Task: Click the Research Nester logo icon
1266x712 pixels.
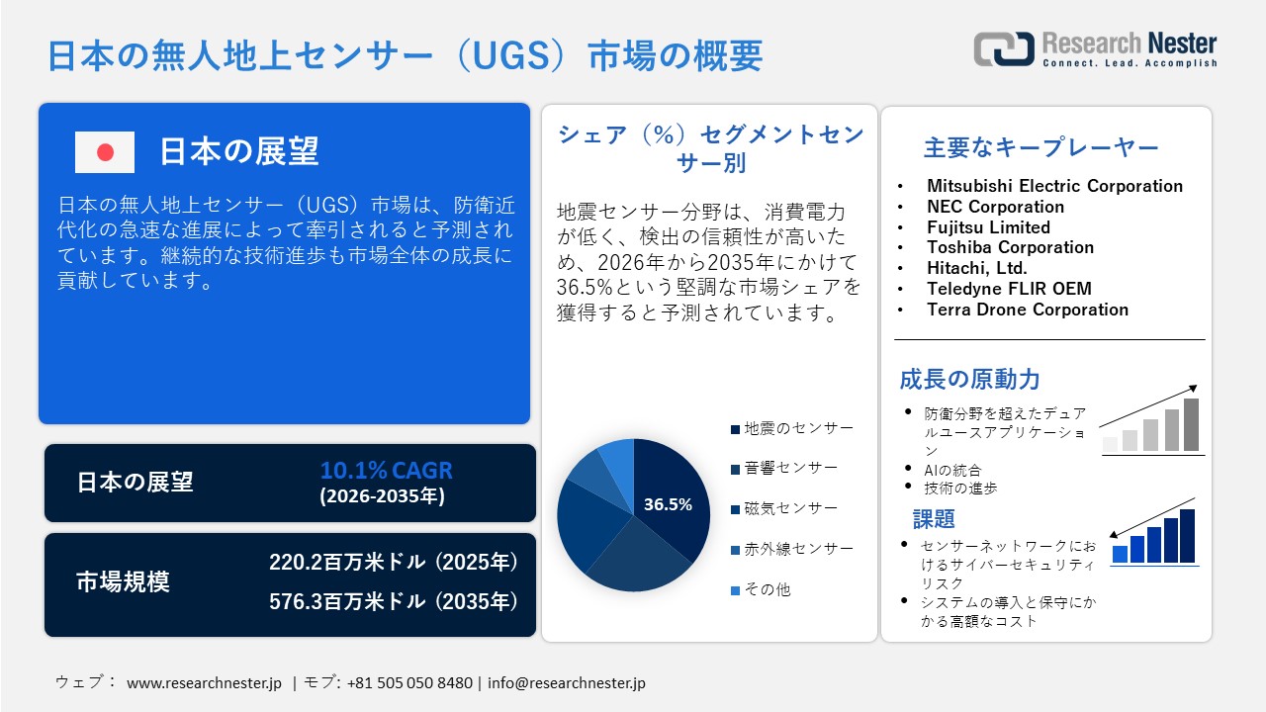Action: pos(1004,48)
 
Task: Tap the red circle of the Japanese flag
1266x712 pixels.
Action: pos(105,152)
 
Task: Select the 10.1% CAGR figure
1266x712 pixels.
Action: pos(386,470)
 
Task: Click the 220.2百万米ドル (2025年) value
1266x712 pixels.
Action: pos(394,563)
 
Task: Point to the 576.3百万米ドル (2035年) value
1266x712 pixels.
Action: pos(394,600)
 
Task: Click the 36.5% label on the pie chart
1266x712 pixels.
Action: pos(668,504)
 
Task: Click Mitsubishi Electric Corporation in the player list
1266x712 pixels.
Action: pos(1054,186)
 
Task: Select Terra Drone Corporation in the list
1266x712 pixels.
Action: pos(1027,310)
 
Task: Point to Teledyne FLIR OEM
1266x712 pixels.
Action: pos(1009,289)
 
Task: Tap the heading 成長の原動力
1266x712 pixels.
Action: pos(969,379)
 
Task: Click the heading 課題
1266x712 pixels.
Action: pos(934,519)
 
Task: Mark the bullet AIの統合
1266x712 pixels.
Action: pos(953,470)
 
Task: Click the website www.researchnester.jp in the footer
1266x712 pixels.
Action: pos(205,683)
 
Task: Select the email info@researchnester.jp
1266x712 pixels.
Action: pos(567,683)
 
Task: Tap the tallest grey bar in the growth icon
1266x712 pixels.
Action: pos(1191,424)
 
